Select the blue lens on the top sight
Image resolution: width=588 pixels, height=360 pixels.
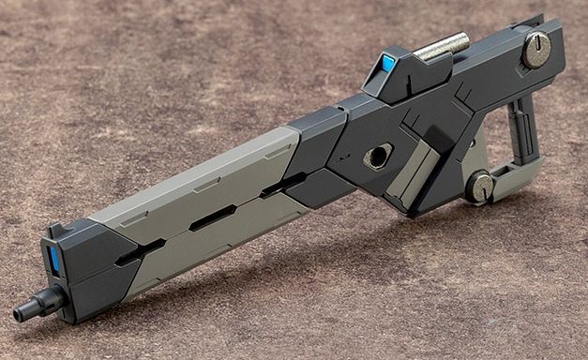[385, 66]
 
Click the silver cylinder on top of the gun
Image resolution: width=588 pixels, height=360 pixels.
[442, 47]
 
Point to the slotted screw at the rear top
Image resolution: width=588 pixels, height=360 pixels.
[536, 50]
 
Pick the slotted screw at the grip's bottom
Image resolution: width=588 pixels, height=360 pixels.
[480, 187]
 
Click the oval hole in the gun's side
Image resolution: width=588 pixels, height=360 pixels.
[380, 156]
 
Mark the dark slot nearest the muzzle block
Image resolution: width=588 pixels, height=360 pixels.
[140, 250]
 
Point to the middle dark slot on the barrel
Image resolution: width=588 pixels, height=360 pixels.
[212, 221]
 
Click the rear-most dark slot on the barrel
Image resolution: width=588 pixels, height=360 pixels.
[281, 187]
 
